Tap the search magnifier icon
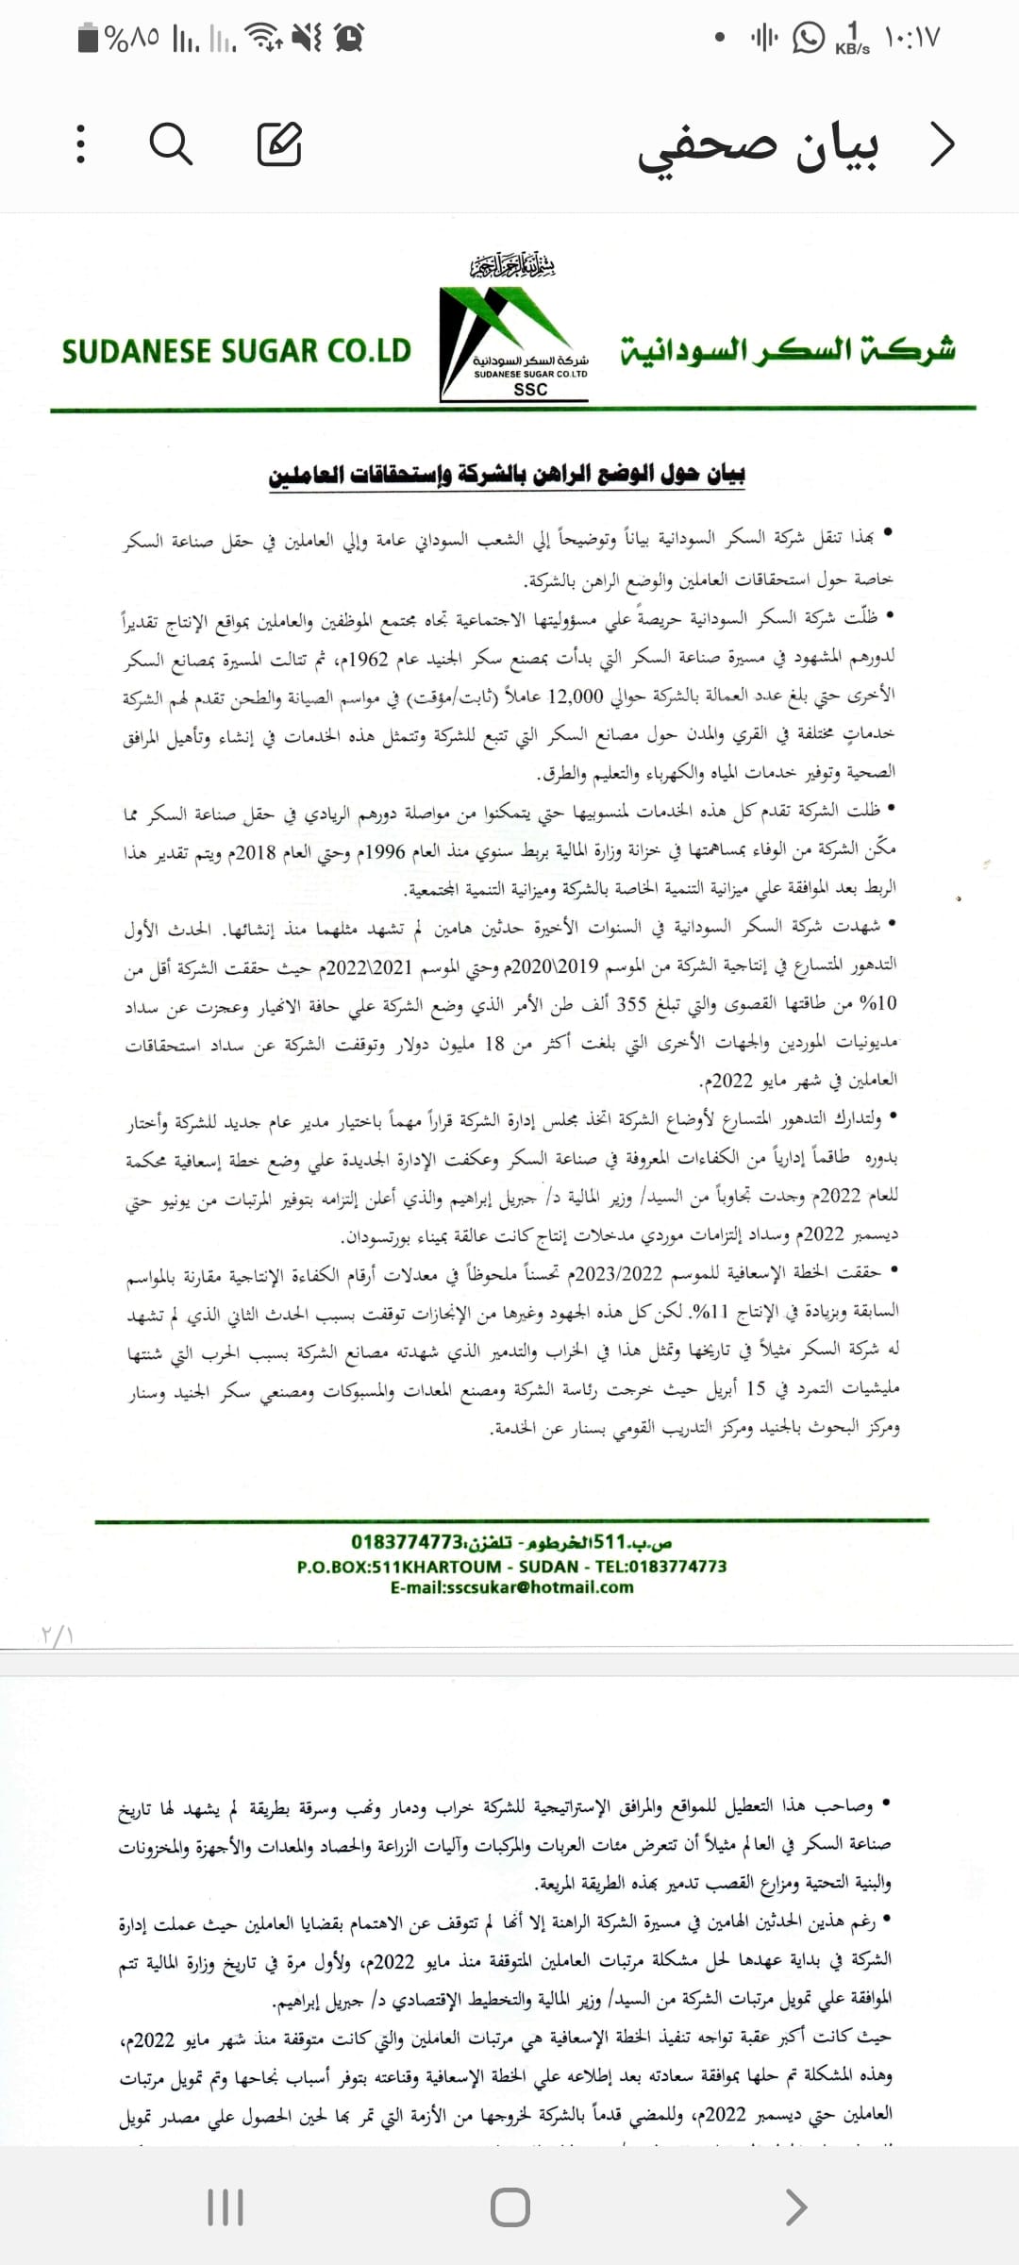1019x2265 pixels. coord(171,144)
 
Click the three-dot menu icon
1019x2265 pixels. coord(81,144)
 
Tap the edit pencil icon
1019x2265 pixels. coord(279,144)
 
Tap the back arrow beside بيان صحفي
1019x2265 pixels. coord(942,144)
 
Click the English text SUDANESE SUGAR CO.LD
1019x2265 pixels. coord(237,351)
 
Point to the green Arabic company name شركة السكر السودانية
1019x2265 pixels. coord(788,350)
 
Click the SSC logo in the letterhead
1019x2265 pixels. coord(515,342)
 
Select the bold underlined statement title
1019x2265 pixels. coord(507,475)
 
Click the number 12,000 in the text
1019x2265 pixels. coord(576,696)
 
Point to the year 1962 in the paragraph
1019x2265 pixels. coord(370,658)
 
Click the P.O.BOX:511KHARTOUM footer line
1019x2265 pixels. coord(511,1567)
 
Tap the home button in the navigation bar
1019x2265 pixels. coord(509,2207)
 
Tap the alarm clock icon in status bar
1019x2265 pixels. coord(350,38)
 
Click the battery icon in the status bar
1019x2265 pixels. coord(89,39)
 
